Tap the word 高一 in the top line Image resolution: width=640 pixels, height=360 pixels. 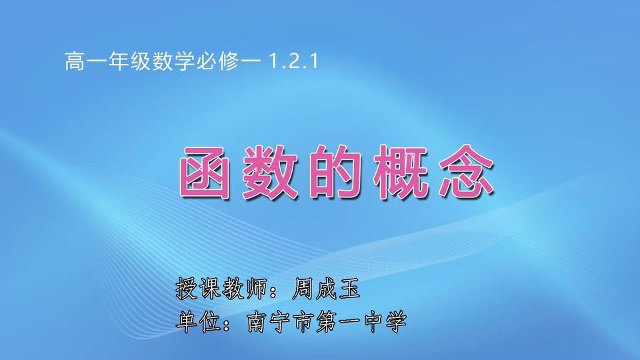[85, 63]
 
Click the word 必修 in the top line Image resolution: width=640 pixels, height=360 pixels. [215, 63]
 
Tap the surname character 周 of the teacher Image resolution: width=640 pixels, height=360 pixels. [304, 289]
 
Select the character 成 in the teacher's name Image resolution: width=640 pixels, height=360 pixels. [327, 289]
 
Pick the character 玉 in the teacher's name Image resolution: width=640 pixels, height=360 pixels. [349, 289]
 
